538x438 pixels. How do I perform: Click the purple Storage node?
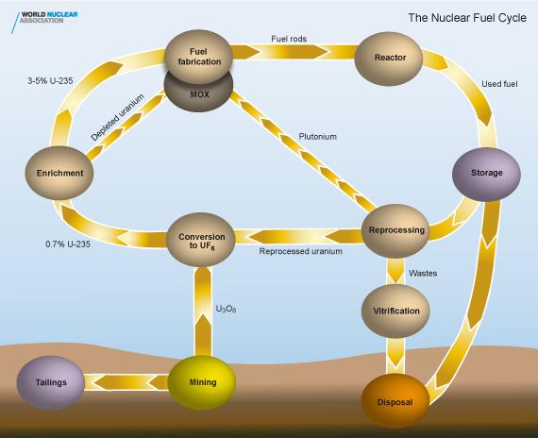(487, 174)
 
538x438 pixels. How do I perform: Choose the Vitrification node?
(396, 310)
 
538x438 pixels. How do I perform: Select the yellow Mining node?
(203, 382)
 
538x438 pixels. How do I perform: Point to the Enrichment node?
(59, 174)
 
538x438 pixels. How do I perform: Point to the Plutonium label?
(318, 136)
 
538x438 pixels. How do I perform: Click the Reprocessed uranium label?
(300, 252)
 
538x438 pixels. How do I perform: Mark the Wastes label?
(422, 274)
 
